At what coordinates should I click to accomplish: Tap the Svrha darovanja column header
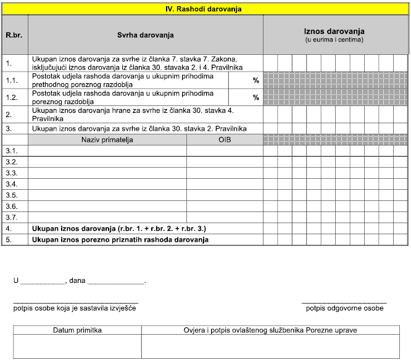click(x=145, y=35)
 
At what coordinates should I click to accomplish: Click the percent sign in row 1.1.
click(x=255, y=80)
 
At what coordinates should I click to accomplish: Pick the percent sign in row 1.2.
click(x=255, y=97)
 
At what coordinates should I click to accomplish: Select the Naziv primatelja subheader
click(x=107, y=140)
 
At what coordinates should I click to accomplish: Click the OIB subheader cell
click(x=225, y=140)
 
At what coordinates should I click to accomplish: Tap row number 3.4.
click(x=12, y=184)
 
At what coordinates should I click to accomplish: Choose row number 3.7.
click(x=12, y=218)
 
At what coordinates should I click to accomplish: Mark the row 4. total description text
click(x=112, y=229)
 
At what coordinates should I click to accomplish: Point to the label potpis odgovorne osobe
click(x=344, y=308)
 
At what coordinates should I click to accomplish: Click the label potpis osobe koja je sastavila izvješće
click(x=75, y=308)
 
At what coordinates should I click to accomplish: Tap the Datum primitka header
click(x=77, y=330)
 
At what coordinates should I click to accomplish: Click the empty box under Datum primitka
click(x=77, y=346)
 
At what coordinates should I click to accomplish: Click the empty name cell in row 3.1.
click(x=107, y=151)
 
